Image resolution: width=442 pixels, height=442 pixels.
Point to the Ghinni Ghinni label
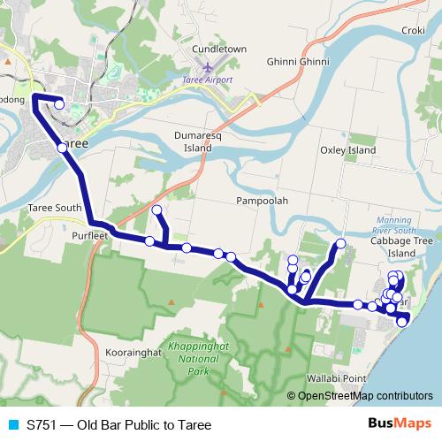pyautogui.click(x=298, y=62)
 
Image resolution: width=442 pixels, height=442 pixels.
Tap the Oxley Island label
pyautogui.click(x=347, y=150)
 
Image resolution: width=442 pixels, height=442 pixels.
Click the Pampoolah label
pyautogui.click(x=262, y=201)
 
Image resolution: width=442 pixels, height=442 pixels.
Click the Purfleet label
pyautogui.click(x=92, y=237)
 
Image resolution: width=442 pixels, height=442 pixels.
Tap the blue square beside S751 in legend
pyautogui.click(x=11, y=425)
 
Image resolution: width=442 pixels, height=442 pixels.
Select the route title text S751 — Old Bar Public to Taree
pyautogui.click(x=118, y=425)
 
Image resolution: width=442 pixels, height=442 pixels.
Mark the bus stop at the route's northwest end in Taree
pyautogui.click(x=59, y=104)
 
